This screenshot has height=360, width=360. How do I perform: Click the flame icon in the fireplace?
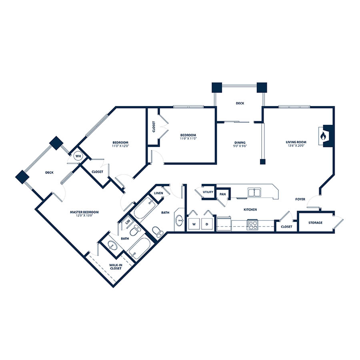tap(322, 136)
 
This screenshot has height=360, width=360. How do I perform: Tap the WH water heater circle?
tap(78, 156)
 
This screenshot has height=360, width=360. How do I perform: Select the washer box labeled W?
tap(194, 224)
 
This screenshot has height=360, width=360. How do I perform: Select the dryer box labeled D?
tap(207, 224)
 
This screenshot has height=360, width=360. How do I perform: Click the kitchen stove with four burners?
tap(252, 225)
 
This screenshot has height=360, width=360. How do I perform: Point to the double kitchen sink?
tap(254, 192)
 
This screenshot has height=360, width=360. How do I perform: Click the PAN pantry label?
tap(222, 194)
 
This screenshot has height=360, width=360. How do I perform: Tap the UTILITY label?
tap(208, 192)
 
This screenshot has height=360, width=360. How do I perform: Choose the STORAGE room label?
tap(315, 223)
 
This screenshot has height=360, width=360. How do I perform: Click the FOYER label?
tap(300, 199)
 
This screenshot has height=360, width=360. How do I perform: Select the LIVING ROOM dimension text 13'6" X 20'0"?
tap(296, 145)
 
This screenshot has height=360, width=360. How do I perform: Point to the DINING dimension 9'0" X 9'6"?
tap(240, 146)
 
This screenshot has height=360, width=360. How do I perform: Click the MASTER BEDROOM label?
tap(84, 212)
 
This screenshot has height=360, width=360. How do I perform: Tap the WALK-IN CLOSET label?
tap(116, 267)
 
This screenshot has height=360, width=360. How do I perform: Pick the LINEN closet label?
tap(158, 193)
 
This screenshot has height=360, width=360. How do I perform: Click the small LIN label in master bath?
tap(128, 222)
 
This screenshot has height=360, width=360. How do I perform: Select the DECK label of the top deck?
tap(240, 103)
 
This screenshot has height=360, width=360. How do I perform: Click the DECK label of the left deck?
tap(49, 172)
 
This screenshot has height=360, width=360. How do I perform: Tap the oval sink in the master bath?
tap(112, 246)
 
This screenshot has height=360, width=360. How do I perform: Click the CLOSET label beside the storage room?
tap(286, 227)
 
